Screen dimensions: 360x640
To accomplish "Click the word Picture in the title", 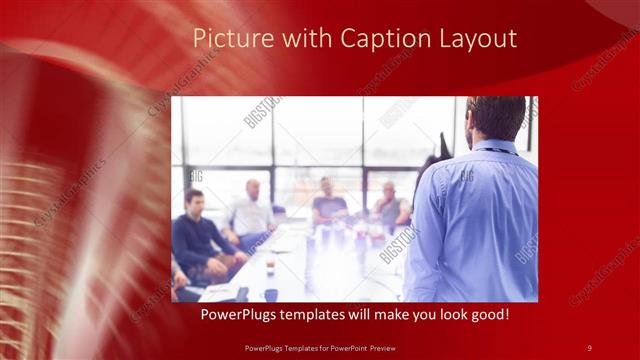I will pos(224,39).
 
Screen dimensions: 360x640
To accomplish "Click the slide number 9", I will pos(589,347).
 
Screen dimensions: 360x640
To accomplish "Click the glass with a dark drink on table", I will pos(271,262).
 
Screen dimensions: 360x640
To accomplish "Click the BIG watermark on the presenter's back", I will pos(467,176).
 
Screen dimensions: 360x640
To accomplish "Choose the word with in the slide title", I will pos(297,39).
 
